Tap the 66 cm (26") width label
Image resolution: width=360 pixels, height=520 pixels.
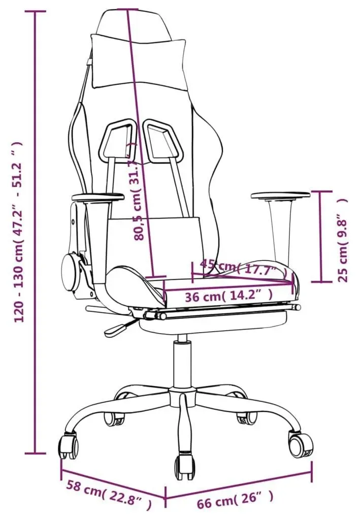236,497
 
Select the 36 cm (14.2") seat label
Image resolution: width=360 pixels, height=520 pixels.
228,296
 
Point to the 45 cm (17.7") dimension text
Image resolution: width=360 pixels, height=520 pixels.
244,268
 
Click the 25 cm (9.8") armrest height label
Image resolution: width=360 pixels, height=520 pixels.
342,240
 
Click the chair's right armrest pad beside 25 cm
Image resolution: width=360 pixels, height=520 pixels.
280,194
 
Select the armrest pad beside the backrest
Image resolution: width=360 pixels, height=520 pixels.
98,198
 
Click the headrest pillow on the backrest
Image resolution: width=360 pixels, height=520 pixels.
137,61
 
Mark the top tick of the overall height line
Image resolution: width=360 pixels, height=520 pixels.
36,11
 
